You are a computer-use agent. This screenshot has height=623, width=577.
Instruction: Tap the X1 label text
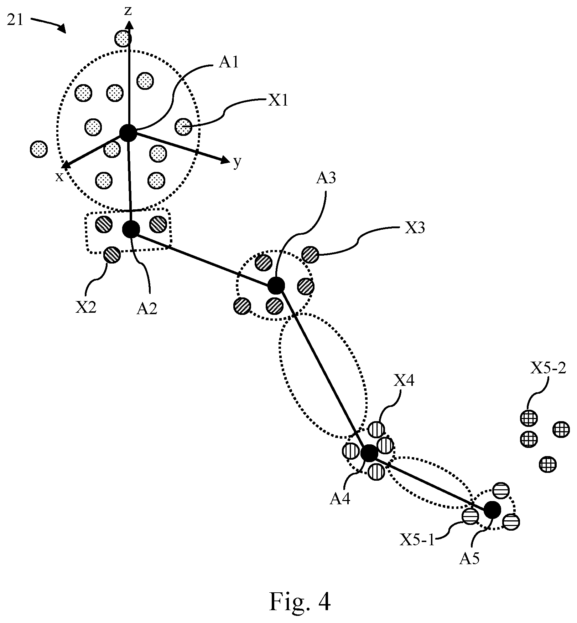(x=278, y=101)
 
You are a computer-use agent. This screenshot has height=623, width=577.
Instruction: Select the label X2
(x=85, y=307)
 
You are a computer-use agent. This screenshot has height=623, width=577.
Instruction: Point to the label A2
(x=147, y=308)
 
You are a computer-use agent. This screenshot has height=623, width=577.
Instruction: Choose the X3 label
(x=415, y=228)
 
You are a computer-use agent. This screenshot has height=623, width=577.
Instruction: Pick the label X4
(x=404, y=382)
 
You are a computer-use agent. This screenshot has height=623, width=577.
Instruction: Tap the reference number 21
(x=15, y=20)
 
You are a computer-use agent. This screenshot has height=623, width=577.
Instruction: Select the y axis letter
(x=237, y=162)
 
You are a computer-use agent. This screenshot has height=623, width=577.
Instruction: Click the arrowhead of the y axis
(x=226, y=160)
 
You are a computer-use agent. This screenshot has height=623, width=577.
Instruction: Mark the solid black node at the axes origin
(x=128, y=133)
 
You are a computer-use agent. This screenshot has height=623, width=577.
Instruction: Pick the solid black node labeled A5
(x=493, y=510)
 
